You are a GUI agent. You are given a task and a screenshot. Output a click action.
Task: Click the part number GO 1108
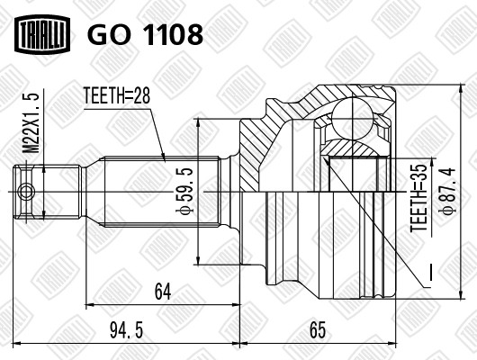(144, 34)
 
